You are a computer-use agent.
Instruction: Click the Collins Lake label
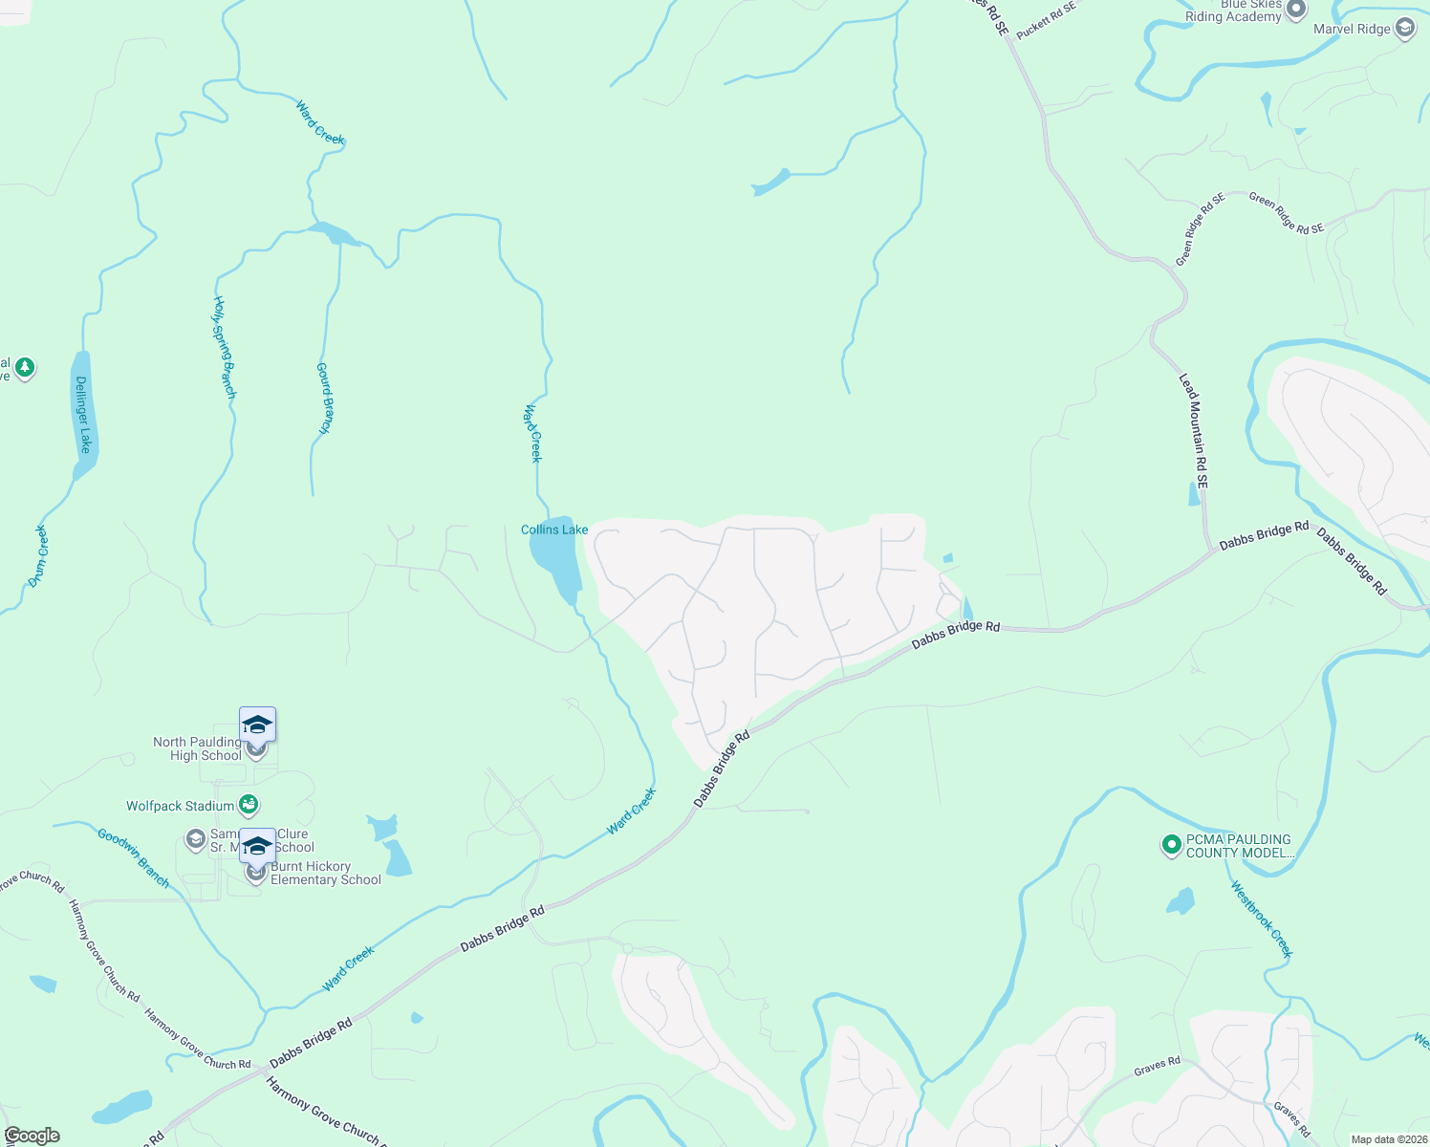(x=554, y=530)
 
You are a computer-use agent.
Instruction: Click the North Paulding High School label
(x=198, y=748)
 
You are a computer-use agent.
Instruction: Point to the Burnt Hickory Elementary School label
(x=325, y=874)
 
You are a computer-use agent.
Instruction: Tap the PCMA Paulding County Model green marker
(x=1171, y=845)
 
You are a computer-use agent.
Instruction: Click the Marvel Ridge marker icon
(x=1405, y=29)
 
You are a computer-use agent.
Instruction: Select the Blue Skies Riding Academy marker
(x=1296, y=11)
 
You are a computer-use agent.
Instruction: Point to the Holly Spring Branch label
(x=224, y=347)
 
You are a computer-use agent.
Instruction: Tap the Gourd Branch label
(x=325, y=399)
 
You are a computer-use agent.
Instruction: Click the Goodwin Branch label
(x=134, y=858)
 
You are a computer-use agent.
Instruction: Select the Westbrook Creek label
(x=1262, y=919)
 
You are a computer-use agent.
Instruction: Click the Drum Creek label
(x=38, y=555)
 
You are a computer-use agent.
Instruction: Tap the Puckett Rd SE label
(x=1046, y=20)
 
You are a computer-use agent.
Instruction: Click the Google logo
(x=32, y=1136)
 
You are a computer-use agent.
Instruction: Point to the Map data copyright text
(x=1388, y=1139)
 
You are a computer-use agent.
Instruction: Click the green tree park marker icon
(x=25, y=368)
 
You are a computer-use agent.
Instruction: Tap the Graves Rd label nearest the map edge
(x=1291, y=1120)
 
